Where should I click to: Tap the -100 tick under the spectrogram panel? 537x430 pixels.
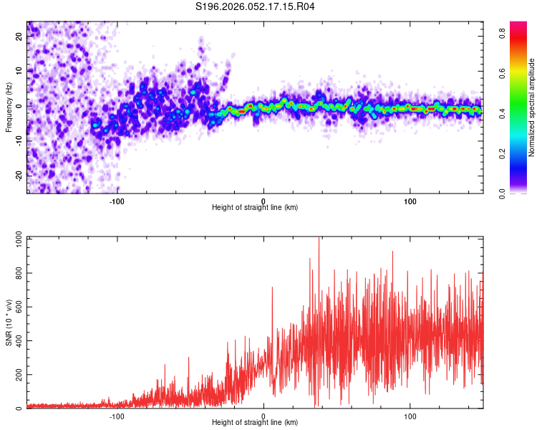pos(117,201)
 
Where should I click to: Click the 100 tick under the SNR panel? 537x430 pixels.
pos(410,416)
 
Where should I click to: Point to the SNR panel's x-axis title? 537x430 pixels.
pos(255,424)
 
